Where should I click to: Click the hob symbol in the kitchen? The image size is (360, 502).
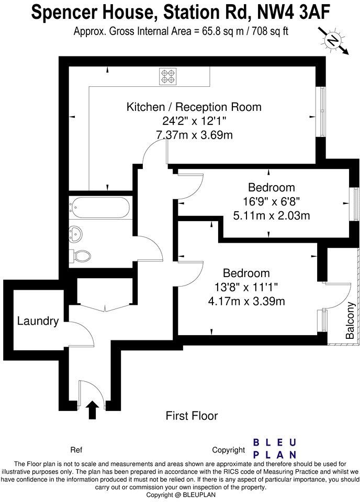168,77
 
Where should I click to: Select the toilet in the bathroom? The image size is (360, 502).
80,256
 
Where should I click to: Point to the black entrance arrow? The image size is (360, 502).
92,410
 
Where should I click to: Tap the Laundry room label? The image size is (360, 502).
38,321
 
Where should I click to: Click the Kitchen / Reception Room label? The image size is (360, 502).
194,107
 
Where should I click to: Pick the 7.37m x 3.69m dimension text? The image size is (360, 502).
194,135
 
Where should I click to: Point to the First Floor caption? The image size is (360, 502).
192,416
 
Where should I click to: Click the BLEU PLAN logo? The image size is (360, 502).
275,449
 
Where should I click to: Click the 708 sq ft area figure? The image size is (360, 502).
268,31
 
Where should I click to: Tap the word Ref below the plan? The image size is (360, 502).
76,450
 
